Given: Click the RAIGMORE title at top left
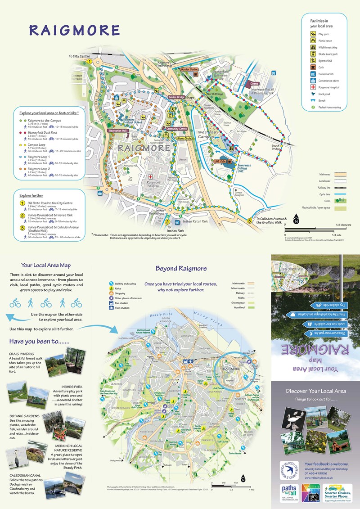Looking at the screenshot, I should click(74, 30).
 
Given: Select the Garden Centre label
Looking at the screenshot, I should click(189, 70).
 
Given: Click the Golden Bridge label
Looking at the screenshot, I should click(176, 97).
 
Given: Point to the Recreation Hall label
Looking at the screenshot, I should click(118, 131).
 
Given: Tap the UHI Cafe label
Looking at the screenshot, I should click(219, 161).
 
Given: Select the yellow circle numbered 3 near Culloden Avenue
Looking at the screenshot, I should click(249, 220).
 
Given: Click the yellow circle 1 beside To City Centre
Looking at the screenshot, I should click(90, 62).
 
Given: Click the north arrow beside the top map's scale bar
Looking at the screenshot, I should click(296, 221).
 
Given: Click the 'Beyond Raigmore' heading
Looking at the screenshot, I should click(181, 269).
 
